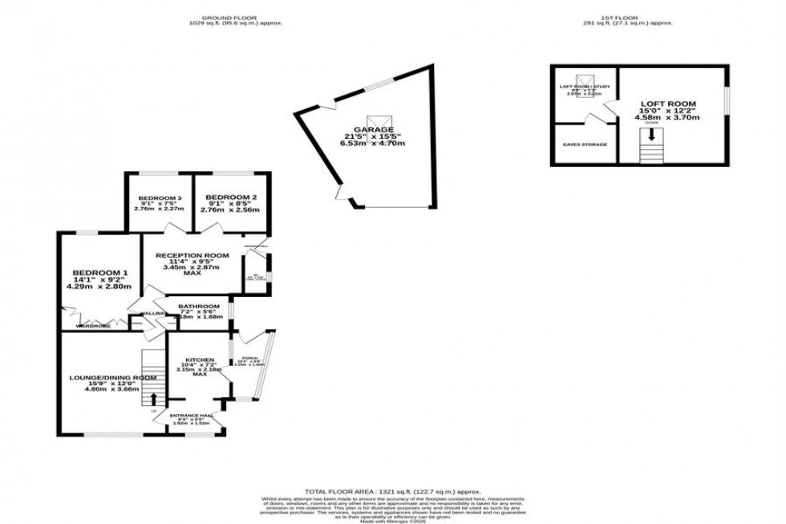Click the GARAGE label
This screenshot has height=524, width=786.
pos(375,128)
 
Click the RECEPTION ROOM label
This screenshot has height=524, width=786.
pos(192,255)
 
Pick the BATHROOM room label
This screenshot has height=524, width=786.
pos(198,306)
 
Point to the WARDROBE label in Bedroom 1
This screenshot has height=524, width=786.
pos(91,327)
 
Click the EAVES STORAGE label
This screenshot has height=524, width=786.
pos(585,144)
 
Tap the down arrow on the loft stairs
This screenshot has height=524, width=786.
pos(651,136)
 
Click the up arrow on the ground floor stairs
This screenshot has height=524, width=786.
pos(154,397)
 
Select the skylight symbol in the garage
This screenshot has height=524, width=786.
pos(375,117)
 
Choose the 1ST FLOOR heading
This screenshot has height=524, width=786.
pos(628,17)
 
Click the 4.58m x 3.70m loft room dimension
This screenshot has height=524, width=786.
pos(666,117)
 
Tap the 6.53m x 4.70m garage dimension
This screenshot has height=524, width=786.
pos(375,144)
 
